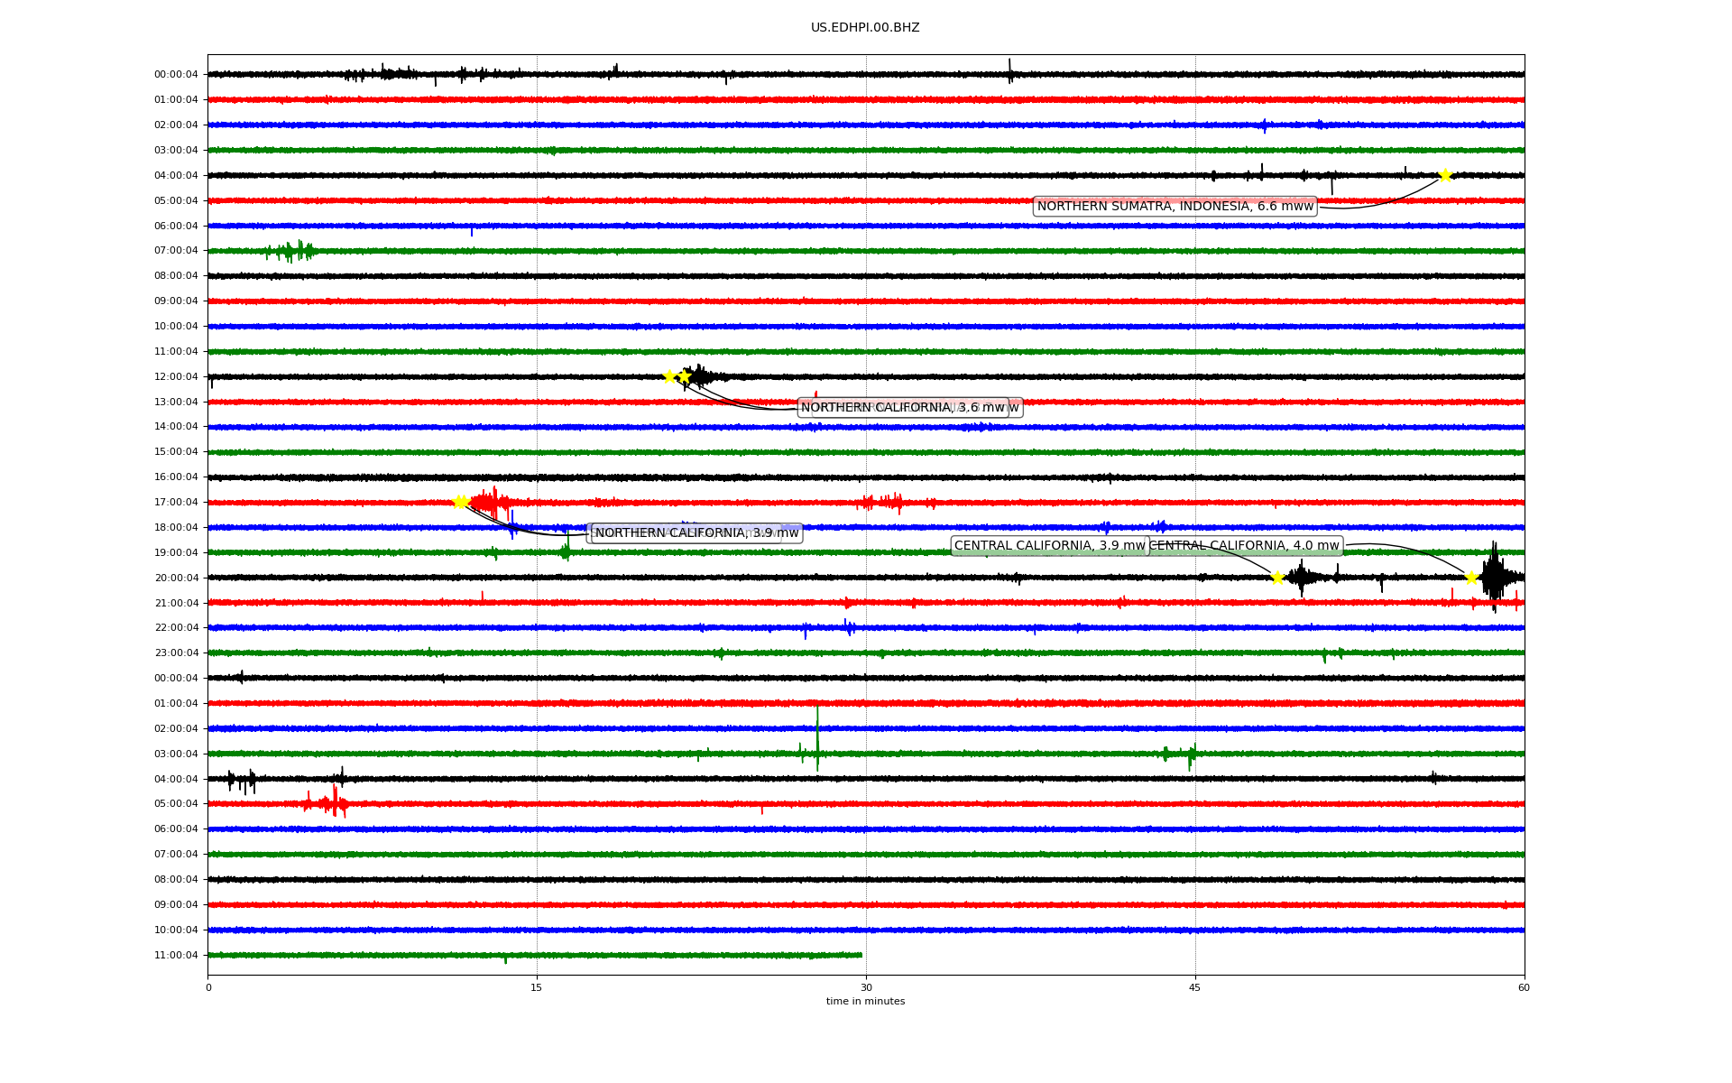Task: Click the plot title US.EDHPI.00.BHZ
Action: [865, 28]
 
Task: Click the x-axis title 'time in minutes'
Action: [865, 1002]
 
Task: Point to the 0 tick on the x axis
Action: [208, 988]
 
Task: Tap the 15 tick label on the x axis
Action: [537, 988]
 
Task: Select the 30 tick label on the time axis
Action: [866, 988]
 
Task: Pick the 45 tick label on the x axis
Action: [1195, 988]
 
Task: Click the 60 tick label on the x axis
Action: [1524, 988]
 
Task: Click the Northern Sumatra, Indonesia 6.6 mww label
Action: [1175, 207]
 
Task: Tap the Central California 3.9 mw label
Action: [1049, 546]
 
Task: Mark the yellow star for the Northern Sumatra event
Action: [1445, 175]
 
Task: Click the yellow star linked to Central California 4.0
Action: [1471, 578]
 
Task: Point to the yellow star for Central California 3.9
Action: [1277, 578]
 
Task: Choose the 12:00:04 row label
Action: [176, 377]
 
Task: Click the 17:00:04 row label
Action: [176, 503]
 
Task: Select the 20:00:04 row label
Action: [176, 579]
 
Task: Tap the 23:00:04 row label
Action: [176, 653]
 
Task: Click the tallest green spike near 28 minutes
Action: [817, 736]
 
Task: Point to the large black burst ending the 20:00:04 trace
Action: [1495, 577]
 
